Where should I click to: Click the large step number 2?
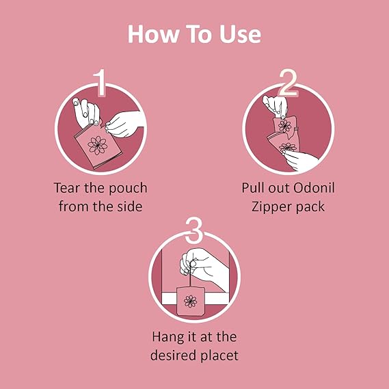pyautogui.click(x=288, y=82)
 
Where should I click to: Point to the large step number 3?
pyautogui.click(x=194, y=230)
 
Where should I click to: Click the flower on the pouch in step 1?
pyautogui.click(x=98, y=145)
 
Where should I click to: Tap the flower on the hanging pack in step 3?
pyautogui.click(x=190, y=301)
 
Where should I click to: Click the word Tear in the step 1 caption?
pyautogui.click(x=68, y=188)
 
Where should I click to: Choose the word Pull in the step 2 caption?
pyautogui.click(x=252, y=188)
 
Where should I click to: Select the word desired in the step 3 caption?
pyautogui.click(x=174, y=356)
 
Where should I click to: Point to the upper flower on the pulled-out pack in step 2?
pyautogui.click(x=284, y=126)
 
